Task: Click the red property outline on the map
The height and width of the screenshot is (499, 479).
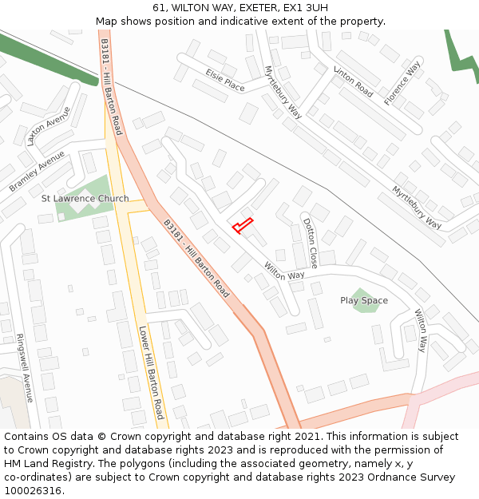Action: tap(243, 225)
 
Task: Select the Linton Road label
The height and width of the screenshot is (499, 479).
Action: tap(353, 81)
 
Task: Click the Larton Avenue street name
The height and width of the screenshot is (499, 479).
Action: tap(49, 125)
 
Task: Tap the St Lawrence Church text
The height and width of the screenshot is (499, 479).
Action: tap(85, 198)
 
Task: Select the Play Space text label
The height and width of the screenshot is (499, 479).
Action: tap(364, 301)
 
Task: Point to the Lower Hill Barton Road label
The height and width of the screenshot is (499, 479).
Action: tap(151, 372)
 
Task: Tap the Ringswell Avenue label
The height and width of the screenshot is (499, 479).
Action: tap(24, 367)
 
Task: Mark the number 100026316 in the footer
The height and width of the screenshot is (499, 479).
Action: tap(33, 490)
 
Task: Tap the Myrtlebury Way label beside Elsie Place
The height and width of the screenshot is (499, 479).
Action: tap(283, 93)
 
